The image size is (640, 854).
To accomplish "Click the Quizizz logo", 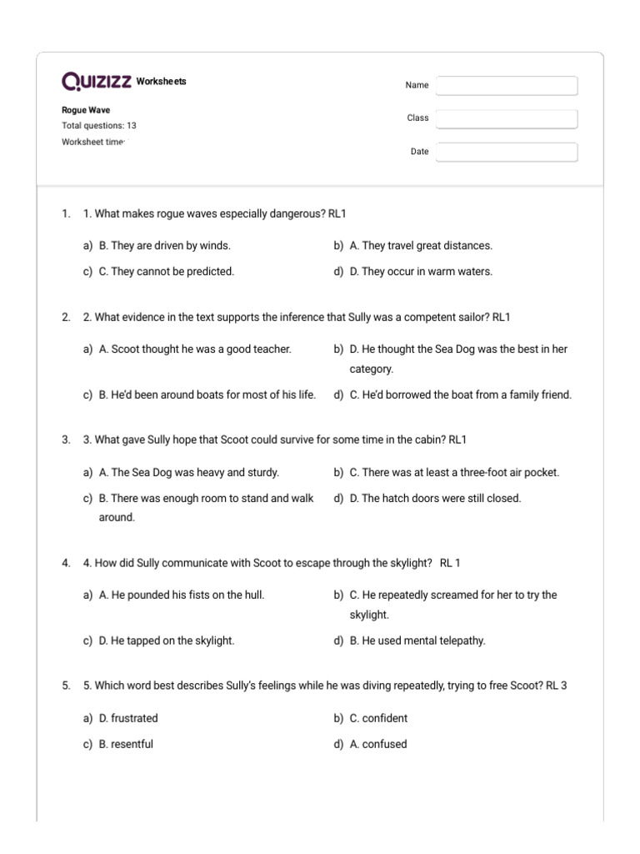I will point(96,81).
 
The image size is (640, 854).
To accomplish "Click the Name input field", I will point(506,86).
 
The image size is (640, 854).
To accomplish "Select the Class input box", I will point(506,119).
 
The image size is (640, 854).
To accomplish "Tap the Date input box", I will point(506,152).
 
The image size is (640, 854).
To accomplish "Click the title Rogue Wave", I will point(86,110).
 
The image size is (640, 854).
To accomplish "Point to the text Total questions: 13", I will point(99,126).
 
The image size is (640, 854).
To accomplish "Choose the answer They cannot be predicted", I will point(167,271).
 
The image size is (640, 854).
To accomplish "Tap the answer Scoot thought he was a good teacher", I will point(195,349).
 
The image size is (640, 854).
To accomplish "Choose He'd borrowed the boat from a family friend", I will point(461,394).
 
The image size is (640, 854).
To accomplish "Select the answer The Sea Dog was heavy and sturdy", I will point(189,472).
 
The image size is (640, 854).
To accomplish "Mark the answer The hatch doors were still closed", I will point(435,498).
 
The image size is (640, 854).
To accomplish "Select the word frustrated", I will point(128,718).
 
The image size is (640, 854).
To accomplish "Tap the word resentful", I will point(126,744).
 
